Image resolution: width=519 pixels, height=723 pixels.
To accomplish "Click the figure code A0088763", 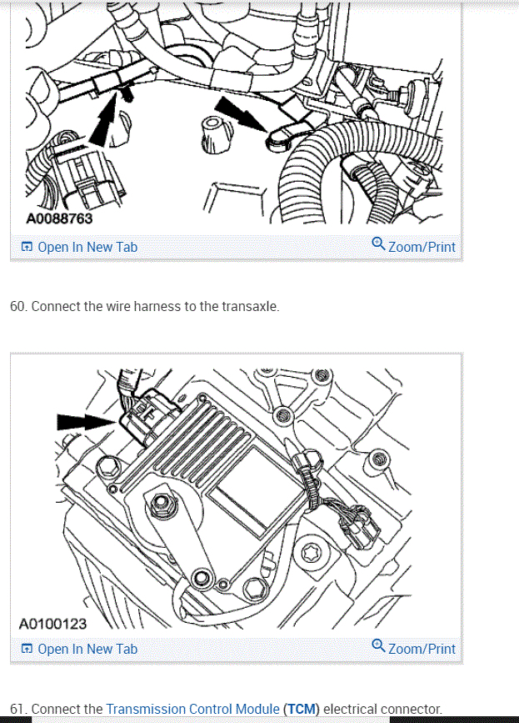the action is [59, 218].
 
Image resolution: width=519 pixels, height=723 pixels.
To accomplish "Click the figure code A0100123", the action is [52, 624].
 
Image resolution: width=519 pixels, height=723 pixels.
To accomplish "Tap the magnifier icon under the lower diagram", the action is [378, 645].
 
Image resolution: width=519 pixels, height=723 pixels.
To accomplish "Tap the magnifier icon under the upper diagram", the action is [378, 244].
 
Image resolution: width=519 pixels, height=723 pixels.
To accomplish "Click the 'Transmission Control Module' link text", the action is [193, 709].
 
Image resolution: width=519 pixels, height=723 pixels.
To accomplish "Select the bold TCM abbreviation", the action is [302, 709].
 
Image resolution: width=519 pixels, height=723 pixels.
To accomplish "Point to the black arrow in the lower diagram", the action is [86, 421].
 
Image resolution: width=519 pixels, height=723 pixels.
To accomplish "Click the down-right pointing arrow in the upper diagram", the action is [240, 114].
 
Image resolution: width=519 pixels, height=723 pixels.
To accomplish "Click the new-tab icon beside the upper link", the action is [27, 247].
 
